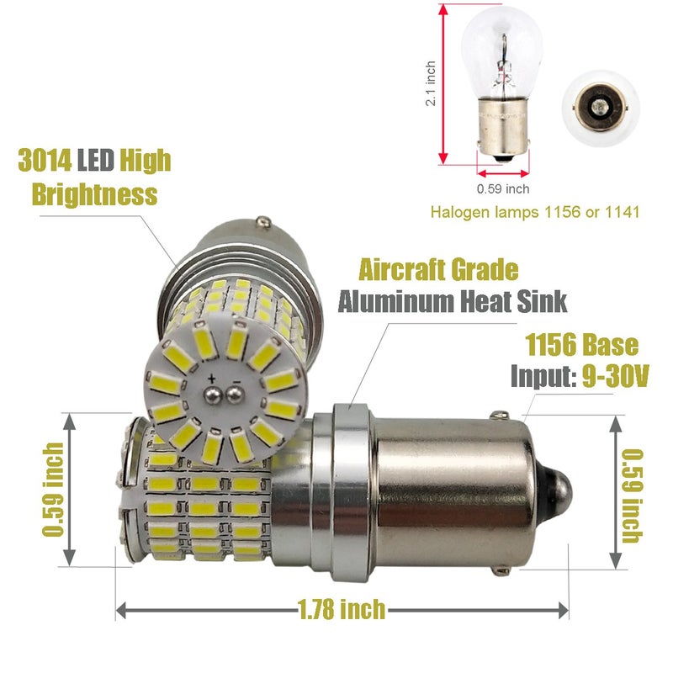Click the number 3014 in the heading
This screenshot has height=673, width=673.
click(45, 160)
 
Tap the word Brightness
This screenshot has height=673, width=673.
click(95, 194)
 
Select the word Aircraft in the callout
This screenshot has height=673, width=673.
click(397, 269)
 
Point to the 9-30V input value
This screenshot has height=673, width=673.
click(615, 376)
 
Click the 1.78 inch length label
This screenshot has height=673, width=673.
click(342, 609)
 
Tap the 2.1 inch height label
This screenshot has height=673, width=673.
click(431, 83)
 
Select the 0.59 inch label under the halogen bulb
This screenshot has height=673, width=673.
click(503, 188)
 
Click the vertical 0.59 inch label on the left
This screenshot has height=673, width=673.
click(53, 490)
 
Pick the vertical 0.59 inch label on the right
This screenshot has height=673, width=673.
click(633, 495)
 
